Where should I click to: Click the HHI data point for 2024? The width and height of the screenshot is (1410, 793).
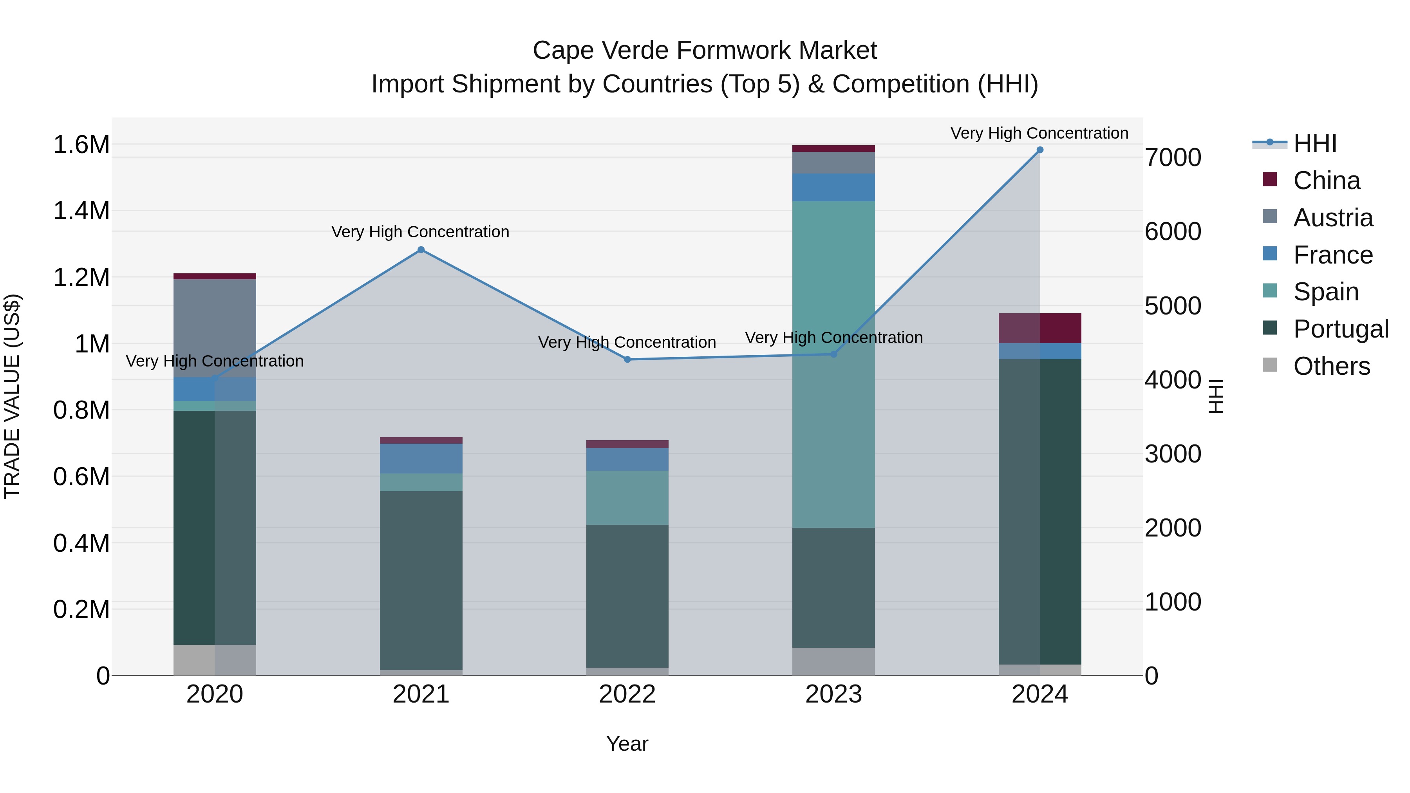1039,150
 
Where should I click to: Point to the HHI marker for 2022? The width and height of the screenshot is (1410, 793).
627,359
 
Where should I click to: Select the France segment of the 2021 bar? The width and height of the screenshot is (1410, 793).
421,458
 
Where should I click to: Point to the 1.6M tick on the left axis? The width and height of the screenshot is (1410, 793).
81,145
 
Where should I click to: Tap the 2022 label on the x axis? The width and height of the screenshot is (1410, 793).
627,694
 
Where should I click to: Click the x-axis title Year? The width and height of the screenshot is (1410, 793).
627,744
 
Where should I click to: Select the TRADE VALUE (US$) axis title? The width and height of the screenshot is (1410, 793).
12,396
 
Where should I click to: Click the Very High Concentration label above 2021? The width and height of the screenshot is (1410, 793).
420,232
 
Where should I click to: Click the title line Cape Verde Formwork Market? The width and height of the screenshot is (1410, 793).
705,51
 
